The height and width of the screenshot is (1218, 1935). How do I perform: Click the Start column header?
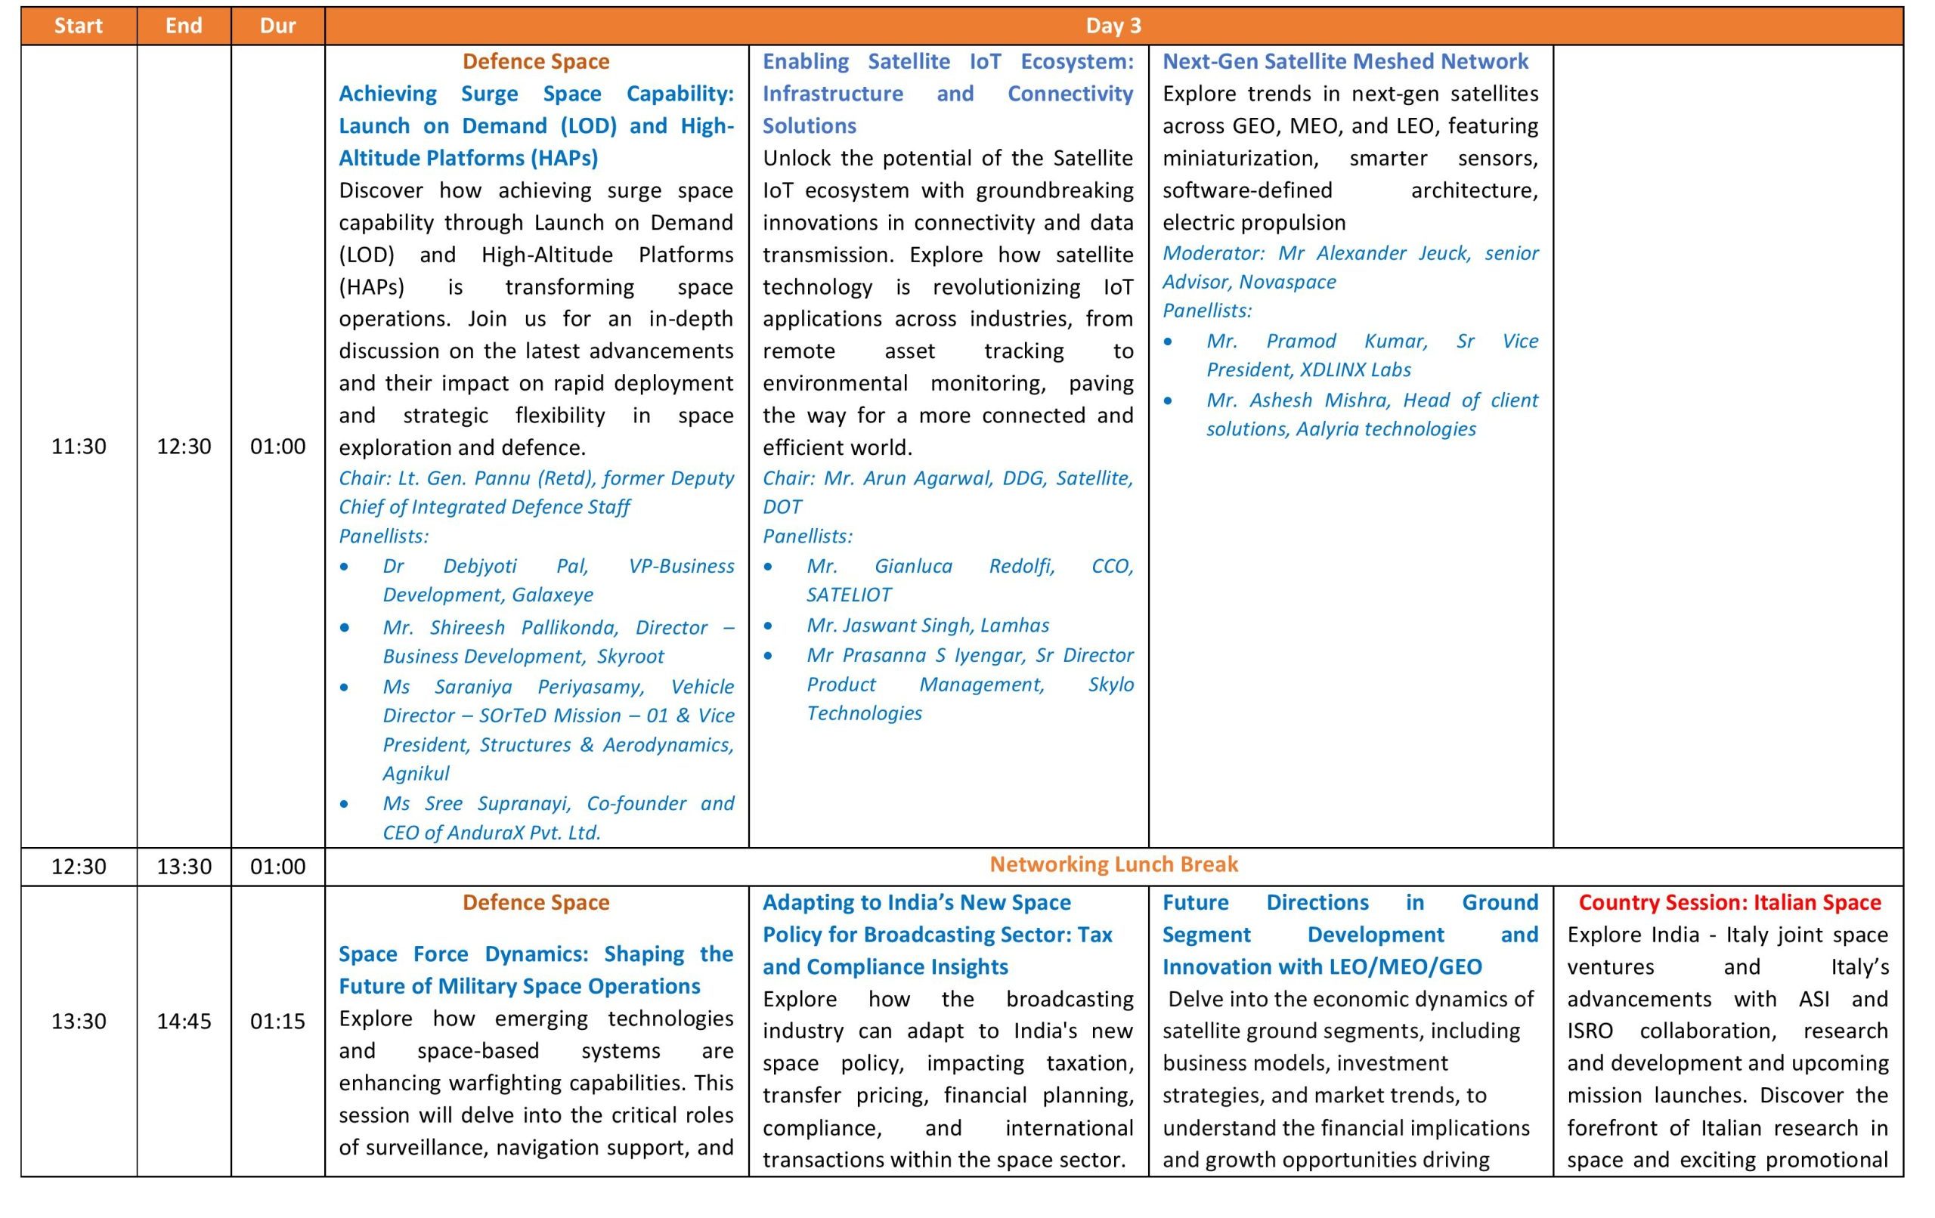[x=78, y=26]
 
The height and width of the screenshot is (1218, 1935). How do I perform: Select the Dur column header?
[x=277, y=26]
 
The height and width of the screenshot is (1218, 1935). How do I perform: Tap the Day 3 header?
[x=1113, y=26]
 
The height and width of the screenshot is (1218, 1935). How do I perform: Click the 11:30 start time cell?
[x=78, y=446]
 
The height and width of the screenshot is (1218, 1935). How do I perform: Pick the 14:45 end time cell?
[x=183, y=1021]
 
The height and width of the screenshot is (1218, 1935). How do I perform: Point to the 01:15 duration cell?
[x=277, y=1021]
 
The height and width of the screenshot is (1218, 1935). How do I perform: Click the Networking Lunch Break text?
[x=1113, y=864]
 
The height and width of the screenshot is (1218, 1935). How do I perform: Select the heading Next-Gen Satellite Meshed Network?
[x=1345, y=61]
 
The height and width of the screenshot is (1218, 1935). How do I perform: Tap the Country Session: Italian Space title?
[x=1729, y=902]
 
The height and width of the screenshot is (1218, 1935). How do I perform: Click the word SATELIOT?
[x=849, y=595]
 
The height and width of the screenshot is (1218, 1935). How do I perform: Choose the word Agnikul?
[x=416, y=773]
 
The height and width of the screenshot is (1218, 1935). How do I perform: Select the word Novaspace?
[x=1287, y=282]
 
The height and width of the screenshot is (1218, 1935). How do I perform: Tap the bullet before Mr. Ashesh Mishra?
[x=1168, y=400]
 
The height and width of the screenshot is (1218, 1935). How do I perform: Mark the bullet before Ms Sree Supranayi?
[x=344, y=803]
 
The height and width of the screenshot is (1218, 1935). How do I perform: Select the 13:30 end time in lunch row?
[x=183, y=866]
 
